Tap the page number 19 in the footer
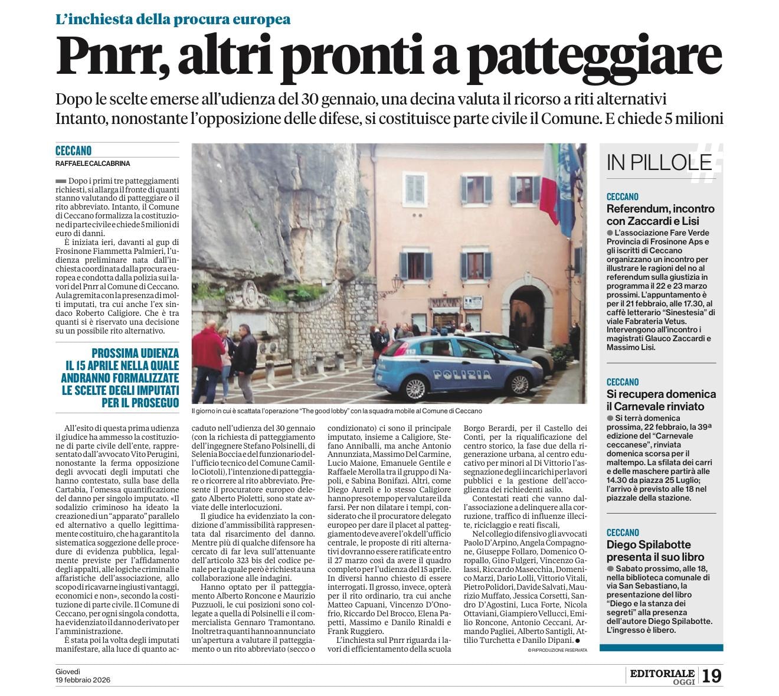pyautogui.click(x=712, y=675)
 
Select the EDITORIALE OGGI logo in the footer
pyautogui.click(x=662, y=676)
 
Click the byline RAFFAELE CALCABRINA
pyautogui.click(x=93, y=164)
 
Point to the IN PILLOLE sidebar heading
pyautogui.click(x=659, y=162)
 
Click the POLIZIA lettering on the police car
pyautogui.click(x=461, y=374)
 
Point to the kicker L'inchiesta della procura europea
pyautogui.click(x=173, y=19)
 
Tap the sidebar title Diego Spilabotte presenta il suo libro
pyautogui.click(x=655, y=551)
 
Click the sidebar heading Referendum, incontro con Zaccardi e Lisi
pyautogui.click(x=660, y=215)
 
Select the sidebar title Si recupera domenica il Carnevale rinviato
pyautogui.click(x=661, y=400)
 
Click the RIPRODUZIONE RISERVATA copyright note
pyautogui.click(x=558, y=650)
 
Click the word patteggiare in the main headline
pyautogui.click(x=598, y=57)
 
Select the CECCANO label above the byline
pyautogui.click(x=73, y=151)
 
